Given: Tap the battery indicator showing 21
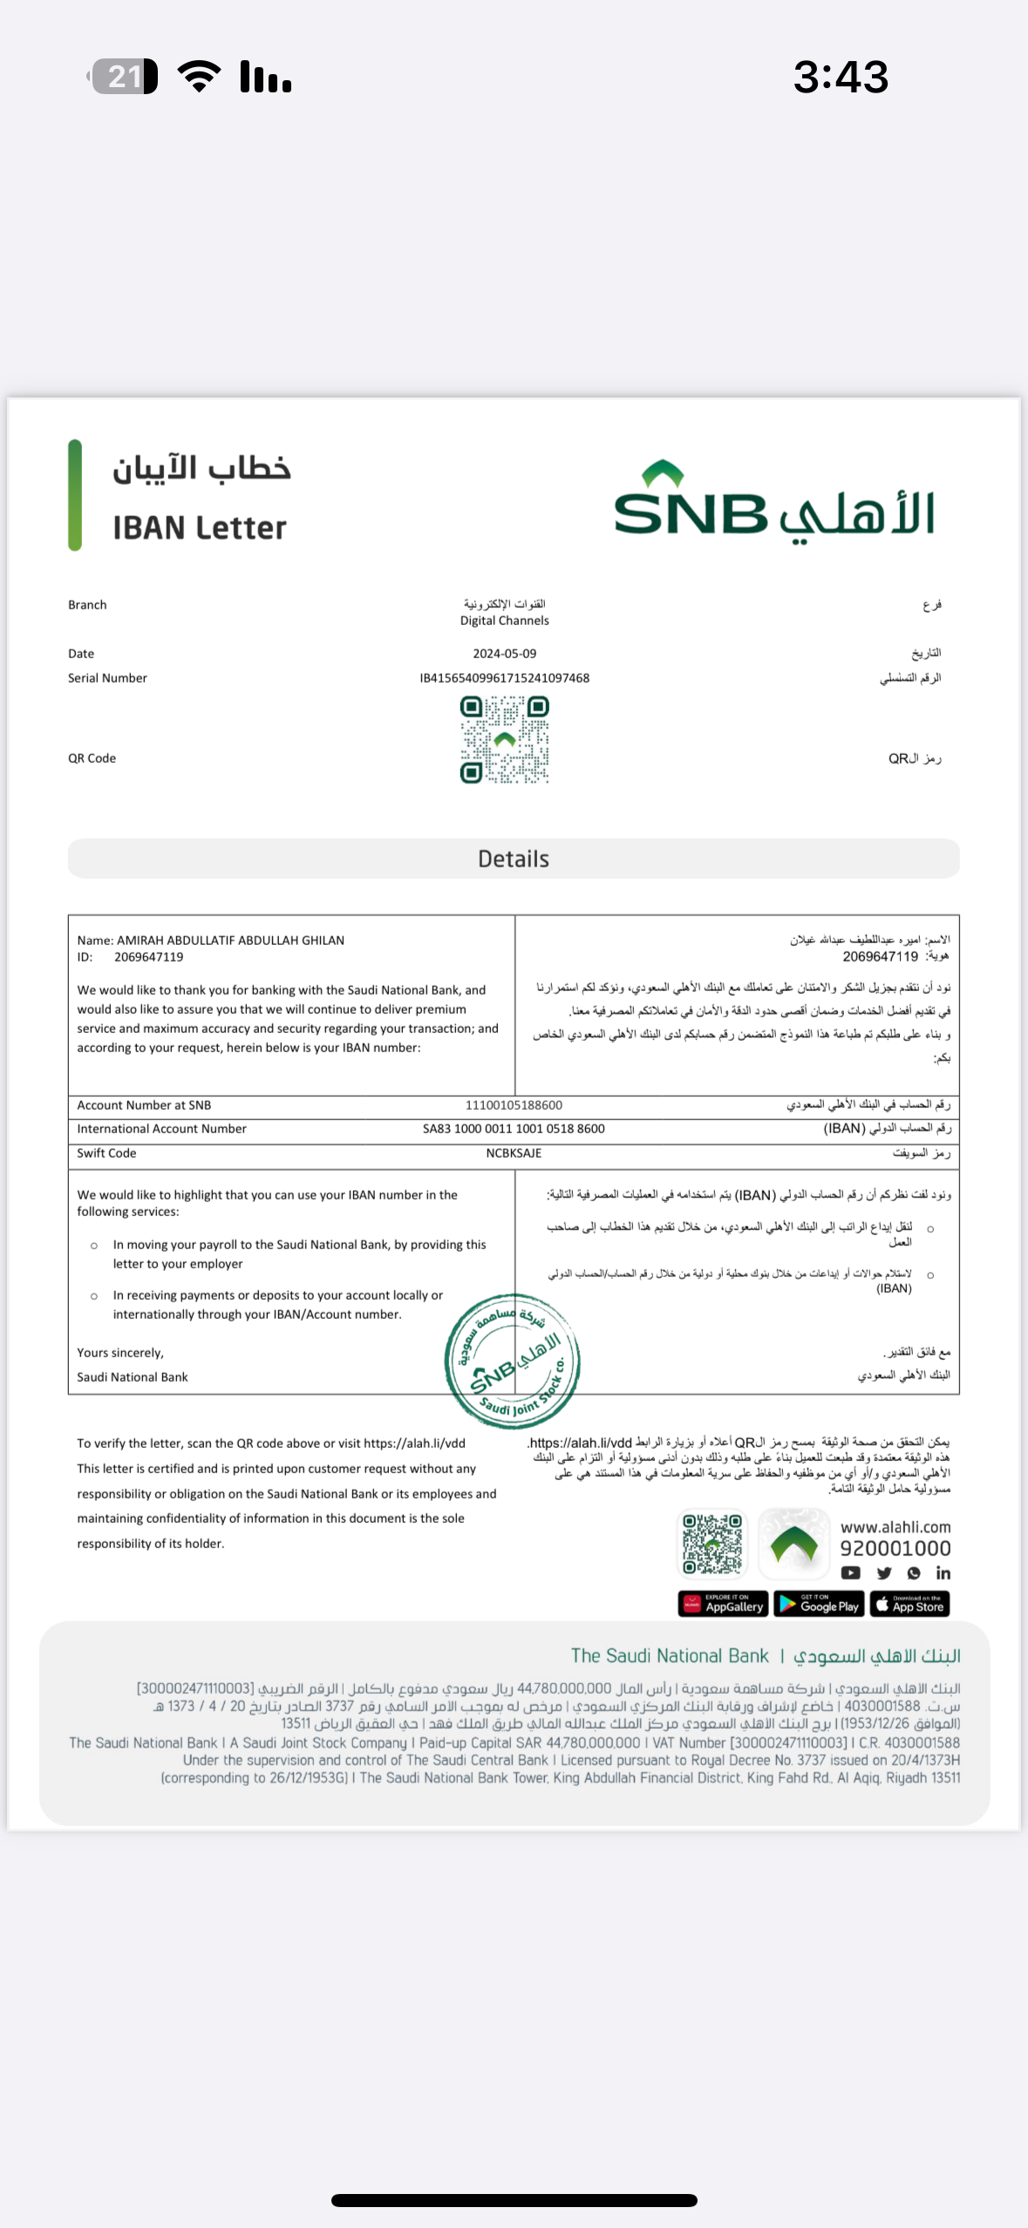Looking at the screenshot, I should click(x=125, y=77).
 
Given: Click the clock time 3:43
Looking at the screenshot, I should click(x=841, y=77).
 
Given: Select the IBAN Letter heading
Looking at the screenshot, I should click(x=200, y=527).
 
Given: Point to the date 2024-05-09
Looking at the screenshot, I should click(x=504, y=654).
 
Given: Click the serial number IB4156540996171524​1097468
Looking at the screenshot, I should click(x=504, y=678).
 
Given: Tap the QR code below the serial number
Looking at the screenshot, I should click(x=504, y=739).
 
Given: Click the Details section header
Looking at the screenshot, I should click(x=514, y=859).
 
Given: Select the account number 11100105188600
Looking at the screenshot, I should click(x=514, y=1105).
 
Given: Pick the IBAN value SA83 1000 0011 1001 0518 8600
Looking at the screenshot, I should click(x=514, y=1129).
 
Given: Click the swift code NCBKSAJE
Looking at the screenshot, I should click(x=514, y=1153).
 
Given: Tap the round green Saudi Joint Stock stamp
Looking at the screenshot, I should click(x=513, y=1361).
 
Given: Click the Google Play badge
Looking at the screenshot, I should click(x=818, y=1605).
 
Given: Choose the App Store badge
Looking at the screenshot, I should click(x=909, y=1605).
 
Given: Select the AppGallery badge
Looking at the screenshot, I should click(x=723, y=1605).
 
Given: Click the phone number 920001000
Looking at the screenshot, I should click(x=895, y=1548).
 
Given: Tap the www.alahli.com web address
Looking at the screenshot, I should click(x=895, y=1527).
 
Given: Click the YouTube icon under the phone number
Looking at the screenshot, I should click(x=850, y=1573).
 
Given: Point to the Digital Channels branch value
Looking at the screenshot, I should click(x=504, y=621).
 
